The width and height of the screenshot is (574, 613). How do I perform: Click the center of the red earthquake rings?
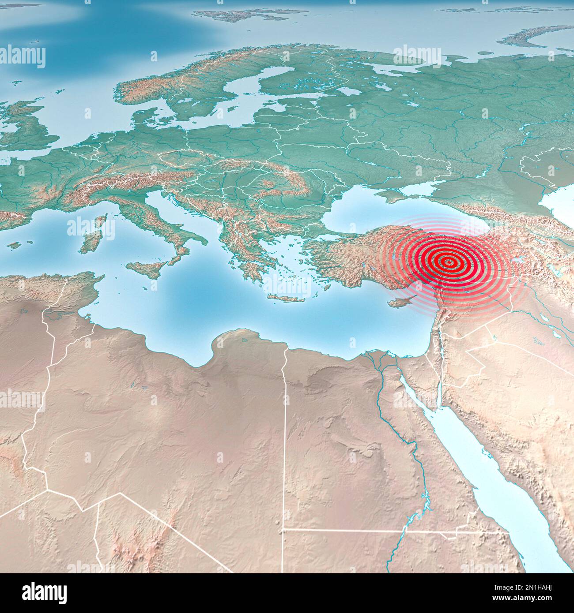pos(448,262)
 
